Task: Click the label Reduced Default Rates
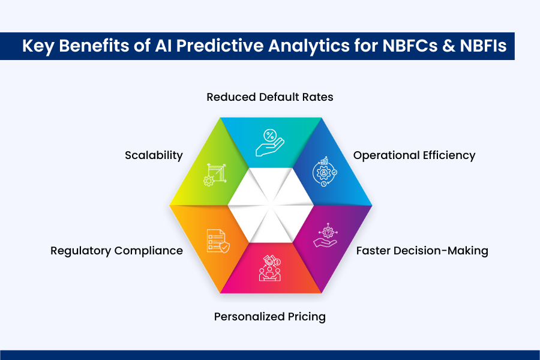point(269,97)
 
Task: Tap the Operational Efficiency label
point(414,155)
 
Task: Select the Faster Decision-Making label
point(422,251)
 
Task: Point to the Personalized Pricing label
point(269,316)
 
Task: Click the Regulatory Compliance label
point(116,251)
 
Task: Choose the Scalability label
point(154,155)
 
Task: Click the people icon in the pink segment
point(270,268)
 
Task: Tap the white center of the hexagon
point(270,204)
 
